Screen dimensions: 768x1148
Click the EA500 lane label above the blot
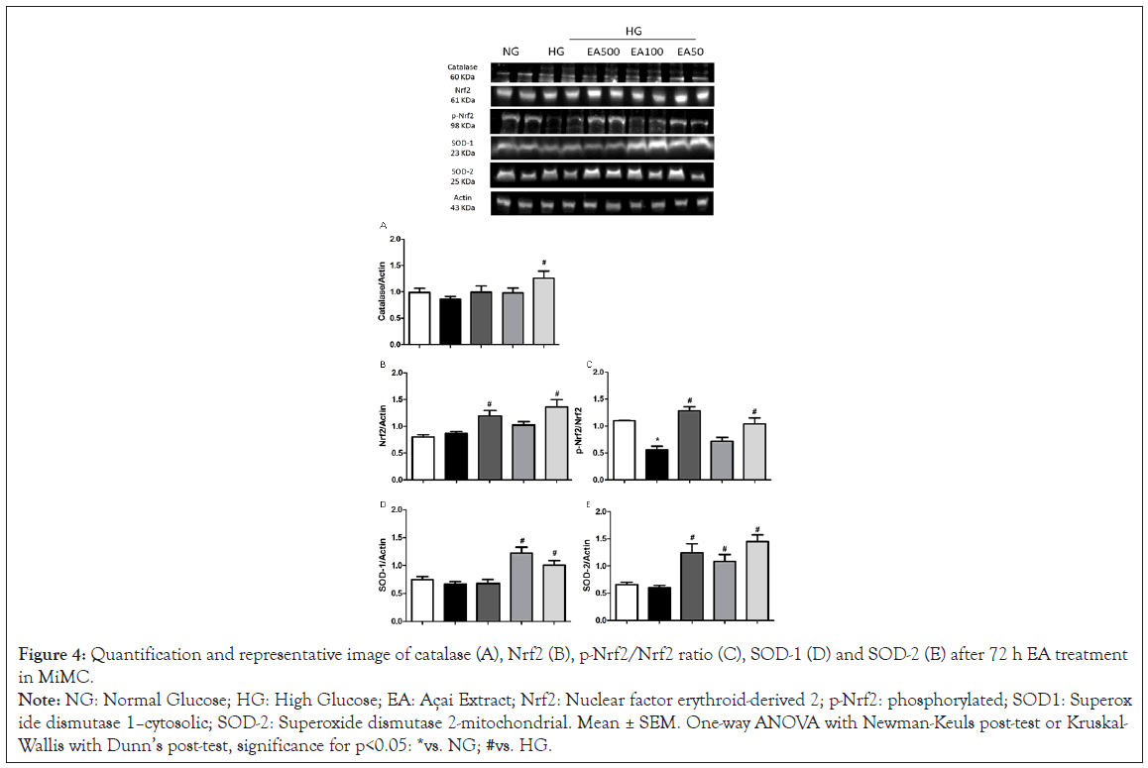coord(602,51)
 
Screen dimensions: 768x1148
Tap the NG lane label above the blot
coord(512,51)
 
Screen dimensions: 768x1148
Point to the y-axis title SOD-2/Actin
coord(589,565)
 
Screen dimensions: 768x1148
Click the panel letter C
coord(590,367)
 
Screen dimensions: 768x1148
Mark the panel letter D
coord(383,505)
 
